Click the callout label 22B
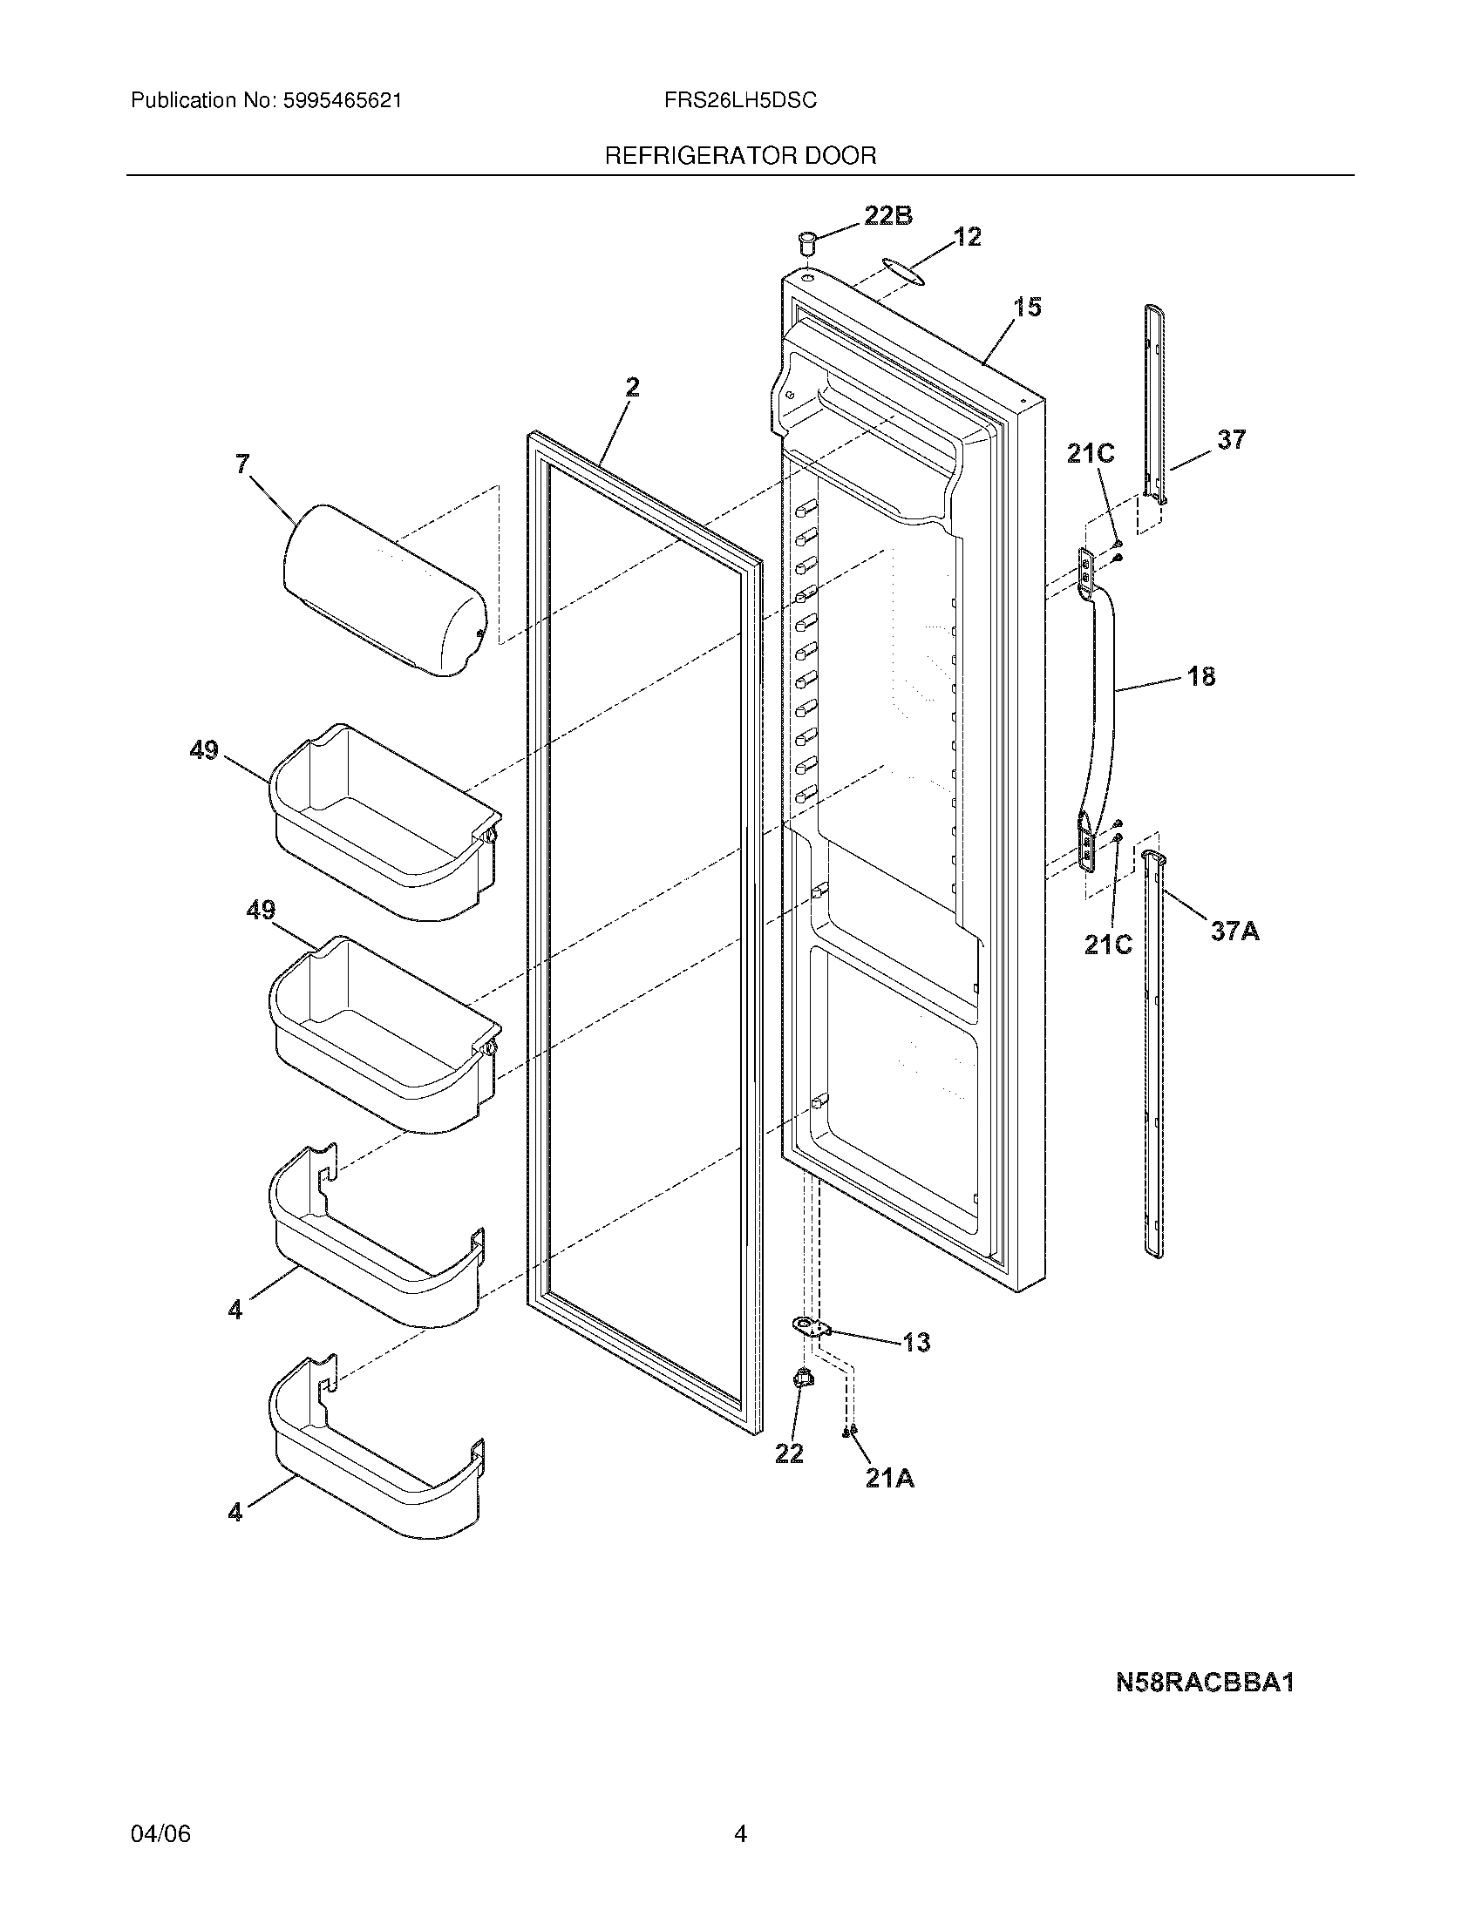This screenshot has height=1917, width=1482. [x=888, y=216]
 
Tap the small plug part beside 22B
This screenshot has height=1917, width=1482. [x=807, y=241]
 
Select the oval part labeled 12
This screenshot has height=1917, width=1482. [x=905, y=271]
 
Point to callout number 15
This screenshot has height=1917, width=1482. [x=1027, y=308]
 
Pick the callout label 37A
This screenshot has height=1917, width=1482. [x=1234, y=931]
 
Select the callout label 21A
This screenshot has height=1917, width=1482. [x=889, y=1479]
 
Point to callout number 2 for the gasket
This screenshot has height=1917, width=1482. [x=632, y=387]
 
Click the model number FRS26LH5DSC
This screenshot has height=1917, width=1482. [x=740, y=101]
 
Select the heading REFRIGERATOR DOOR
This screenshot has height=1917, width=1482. [x=740, y=156]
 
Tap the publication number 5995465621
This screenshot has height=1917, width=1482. [x=343, y=101]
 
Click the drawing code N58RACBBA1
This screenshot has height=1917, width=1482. [x=1205, y=1683]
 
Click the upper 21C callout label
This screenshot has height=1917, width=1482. [x=1091, y=454]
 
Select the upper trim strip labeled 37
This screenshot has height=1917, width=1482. [x=1155, y=403]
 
